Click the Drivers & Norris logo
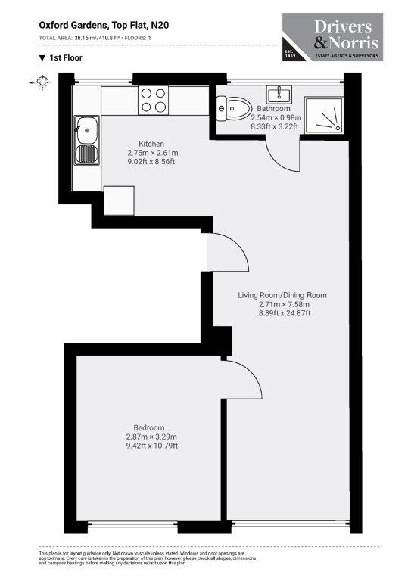(x=332, y=36)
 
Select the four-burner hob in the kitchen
(x=154, y=101)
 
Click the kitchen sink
(x=86, y=142)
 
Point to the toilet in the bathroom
(x=232, y=110)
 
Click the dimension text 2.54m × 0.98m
(x=276, y=118)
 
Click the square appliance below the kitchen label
(x=119, y=200)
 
